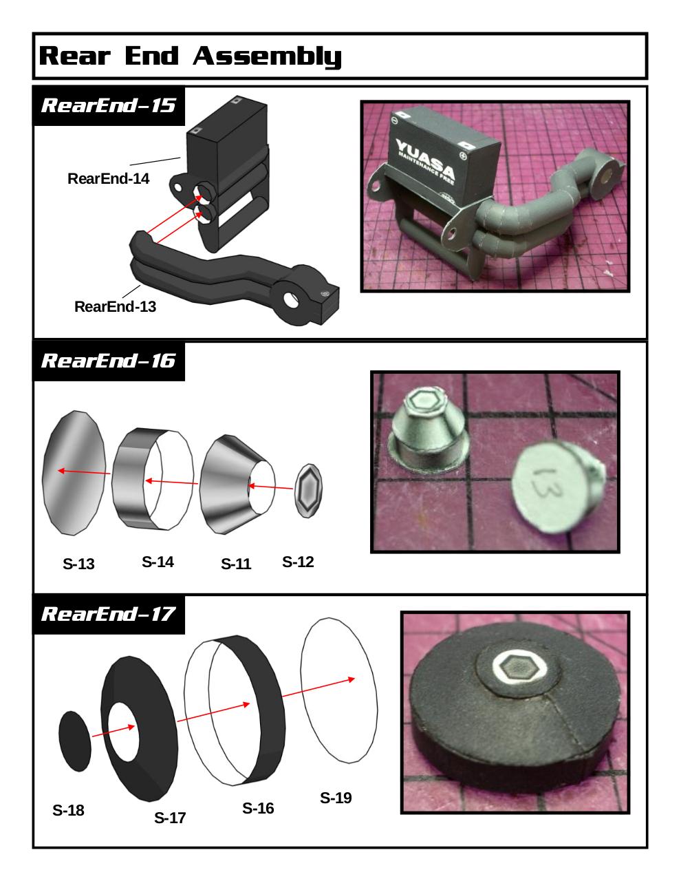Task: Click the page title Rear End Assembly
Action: pyautogui.click(x=190, y=56)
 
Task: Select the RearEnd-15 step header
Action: pyautogui.click(x=108, y=105)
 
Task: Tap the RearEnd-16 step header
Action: pyautogui.click(x=108, y=361)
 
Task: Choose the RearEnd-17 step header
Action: pyautogui.click(x=108, y=614)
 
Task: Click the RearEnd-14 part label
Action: pyautogui.click(x=108, y=178)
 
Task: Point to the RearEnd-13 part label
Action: pyautogui.click(x=115, y=306)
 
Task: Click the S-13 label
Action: pyautogui.click(x=78, y=564)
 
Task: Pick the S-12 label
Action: pyautogui.click(x=298, y=562)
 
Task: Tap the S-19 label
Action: pyautogui.click(x=336, y=798)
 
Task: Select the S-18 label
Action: pyautogui.click(x=68, y=810)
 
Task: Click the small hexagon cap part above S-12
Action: pyautogui.click(x=308, y=491)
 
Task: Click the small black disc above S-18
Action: pyautogui.click(x=75, y=741)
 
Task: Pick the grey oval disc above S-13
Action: pyautogui.click(x=74, y=473)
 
